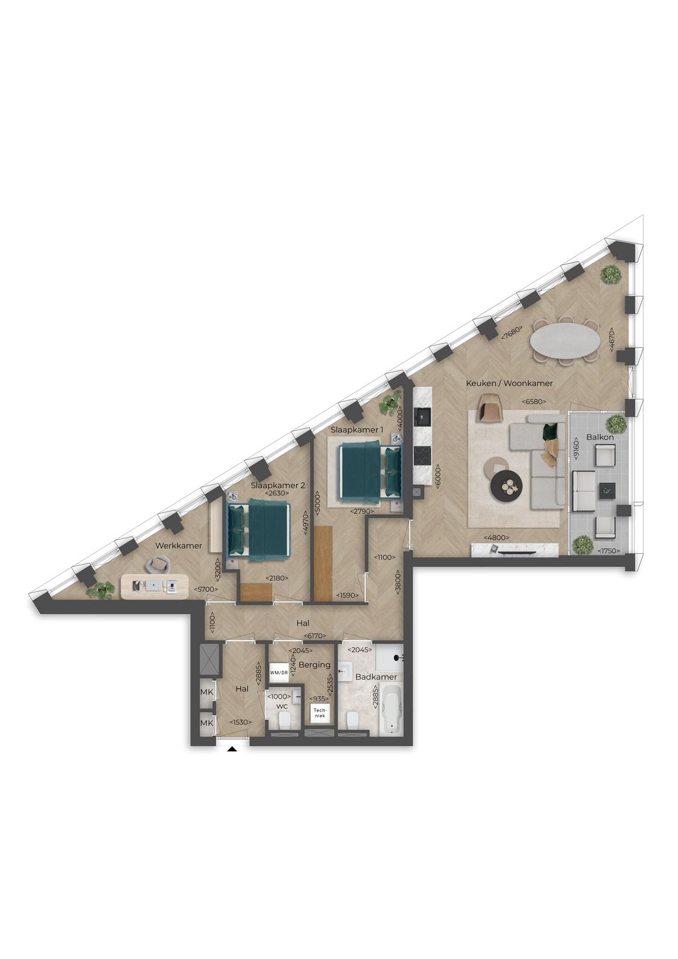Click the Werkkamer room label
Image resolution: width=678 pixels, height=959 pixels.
pyautogui.click(x=179, y=545)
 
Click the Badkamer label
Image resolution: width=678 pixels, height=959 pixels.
pyautogui.click(x=376, y=677)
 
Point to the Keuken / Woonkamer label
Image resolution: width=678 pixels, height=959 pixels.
pyautogui.click(x=508, y=383)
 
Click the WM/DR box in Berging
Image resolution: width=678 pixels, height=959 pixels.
pyautogui.click(x=279, y=672)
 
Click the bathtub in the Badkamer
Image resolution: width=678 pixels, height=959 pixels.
pyautogui.click(x=392, y=710)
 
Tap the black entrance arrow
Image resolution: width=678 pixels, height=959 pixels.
pyautogui.click(x=232, y=748)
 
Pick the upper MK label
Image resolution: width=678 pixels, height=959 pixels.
pyautogui.click(x=207, y=692)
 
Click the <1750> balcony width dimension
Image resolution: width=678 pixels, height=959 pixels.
pyautogui.click(x=608, y=551)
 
